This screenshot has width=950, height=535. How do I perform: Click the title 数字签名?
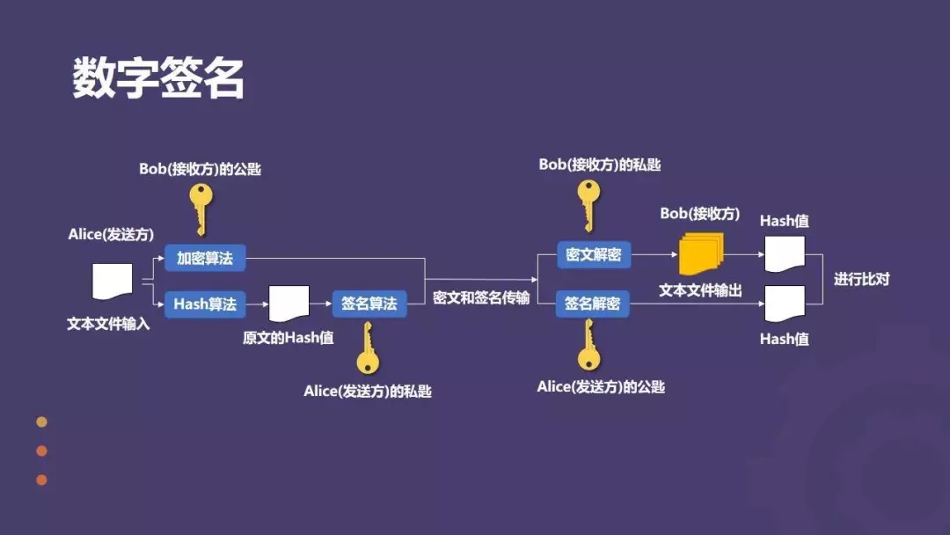[x=158, y=79]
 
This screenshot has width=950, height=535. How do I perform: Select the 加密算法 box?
[x=205, y=258]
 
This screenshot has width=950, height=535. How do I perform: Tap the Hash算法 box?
[x=205, y=304]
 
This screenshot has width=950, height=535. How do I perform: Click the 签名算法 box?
[x=369, y=304]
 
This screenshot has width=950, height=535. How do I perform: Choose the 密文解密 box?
[x=594, y=255]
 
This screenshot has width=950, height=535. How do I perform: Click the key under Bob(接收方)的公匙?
[x=201, y=207]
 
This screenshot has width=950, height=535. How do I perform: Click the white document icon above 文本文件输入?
[x=112, y=282]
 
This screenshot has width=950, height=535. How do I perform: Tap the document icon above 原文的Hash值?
[x=289, y=304]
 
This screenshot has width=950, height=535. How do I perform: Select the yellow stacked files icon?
[x=700, y=253]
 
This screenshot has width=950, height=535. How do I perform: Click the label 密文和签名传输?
[x=481, y=298]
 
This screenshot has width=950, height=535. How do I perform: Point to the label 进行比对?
[x=862, y=279]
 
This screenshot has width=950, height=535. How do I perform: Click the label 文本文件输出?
[x=700, y=290]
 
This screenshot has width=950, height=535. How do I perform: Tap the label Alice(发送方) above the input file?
[x=111, y=234]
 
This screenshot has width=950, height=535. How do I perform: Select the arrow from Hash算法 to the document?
[x=257, y=304]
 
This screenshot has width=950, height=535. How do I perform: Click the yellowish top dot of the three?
[x=41, y=422]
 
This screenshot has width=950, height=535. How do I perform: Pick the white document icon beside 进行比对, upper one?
[x=784, y=253]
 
